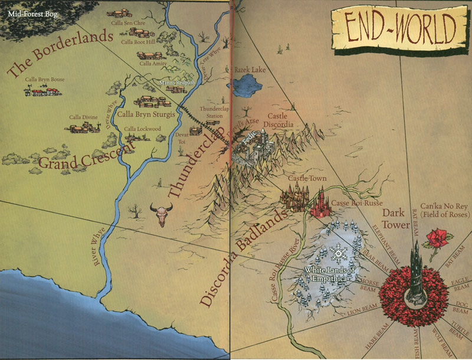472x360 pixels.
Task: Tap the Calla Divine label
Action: pyautogui.click(x=82, y=117)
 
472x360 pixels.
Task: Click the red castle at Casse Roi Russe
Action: pyautogui.click(x=319, y=204)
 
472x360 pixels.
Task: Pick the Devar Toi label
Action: pyautogui.click(x=181, y=138)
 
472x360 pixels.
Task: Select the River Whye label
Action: pyautogui.click(x=98, y=244)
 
